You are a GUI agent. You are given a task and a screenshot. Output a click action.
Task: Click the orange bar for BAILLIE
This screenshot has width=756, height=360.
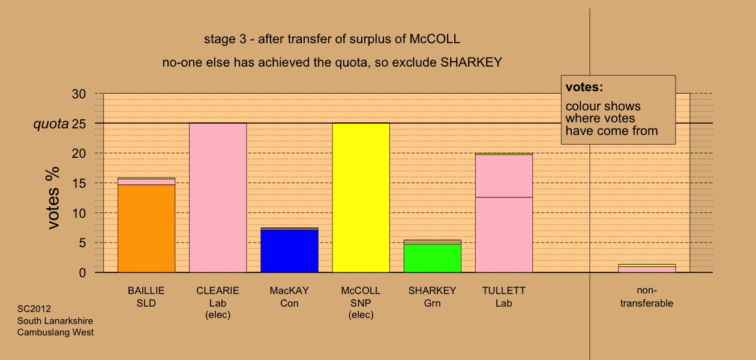[x=146, y=229]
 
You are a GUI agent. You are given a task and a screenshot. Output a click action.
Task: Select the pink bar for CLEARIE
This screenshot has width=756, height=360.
[x=218, y=198]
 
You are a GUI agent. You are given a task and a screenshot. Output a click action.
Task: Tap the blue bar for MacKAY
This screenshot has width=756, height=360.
[x=290, y=251]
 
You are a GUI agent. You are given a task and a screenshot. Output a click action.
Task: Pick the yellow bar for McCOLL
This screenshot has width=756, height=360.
[x=361, y=198]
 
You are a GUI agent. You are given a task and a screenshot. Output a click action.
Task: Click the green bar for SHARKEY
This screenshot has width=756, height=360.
[x=433, y=258]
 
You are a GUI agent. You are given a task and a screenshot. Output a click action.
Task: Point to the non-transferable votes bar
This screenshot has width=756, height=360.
[x=647, y=269]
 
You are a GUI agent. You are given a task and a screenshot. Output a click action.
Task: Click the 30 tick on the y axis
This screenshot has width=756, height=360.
[x=79, y=94]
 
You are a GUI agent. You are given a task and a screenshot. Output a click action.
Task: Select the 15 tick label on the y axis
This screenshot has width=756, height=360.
[x=79, y=183]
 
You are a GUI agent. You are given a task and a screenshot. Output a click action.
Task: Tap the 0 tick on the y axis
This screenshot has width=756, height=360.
[x=82, y=272]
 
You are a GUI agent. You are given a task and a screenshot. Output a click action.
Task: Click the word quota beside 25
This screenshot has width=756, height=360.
[x=51, y=124]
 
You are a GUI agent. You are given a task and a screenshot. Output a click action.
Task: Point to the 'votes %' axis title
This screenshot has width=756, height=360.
[x=53, y=198]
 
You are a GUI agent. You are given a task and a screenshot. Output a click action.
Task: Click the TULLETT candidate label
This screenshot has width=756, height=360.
[x=504, y=290]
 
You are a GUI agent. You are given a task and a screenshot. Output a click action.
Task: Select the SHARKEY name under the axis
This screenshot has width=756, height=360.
[x=433, y=290]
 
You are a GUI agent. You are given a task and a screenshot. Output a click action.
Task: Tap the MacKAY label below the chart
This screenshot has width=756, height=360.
[x=289, y=290]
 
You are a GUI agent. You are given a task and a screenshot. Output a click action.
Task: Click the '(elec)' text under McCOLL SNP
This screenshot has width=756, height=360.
[x=361, y=315]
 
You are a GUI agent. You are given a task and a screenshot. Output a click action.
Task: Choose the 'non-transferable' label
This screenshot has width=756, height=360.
[x=647, y=296]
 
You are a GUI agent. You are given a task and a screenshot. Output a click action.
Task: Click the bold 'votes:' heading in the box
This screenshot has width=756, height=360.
[x=584, y=87]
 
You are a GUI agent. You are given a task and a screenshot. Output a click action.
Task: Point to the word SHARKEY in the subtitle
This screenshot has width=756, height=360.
[x=472, y=62]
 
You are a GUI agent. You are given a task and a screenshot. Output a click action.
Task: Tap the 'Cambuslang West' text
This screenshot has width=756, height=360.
[x=55, y=332]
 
